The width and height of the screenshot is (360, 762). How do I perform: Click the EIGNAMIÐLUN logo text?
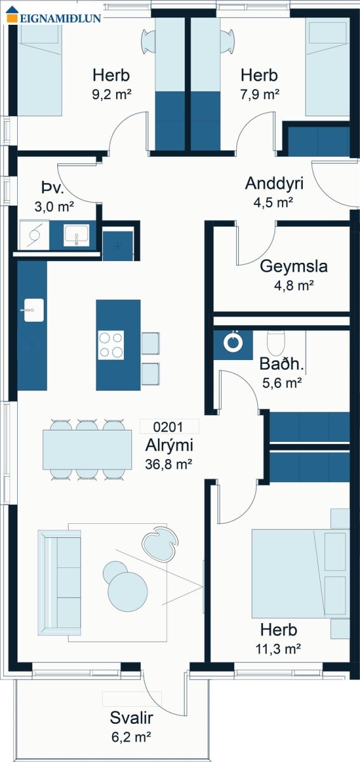[60, 18]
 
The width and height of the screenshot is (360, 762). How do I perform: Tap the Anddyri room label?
[274, 183]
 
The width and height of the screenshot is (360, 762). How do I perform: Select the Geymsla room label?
[293, 266]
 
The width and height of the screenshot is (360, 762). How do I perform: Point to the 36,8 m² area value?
[169, 464]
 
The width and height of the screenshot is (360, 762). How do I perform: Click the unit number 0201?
[168, 427]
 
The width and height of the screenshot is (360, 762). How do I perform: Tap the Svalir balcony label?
[131, 718]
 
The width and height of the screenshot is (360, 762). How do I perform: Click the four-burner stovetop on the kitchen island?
[111, 345]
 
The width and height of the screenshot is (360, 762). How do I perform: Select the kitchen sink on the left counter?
[34, 310]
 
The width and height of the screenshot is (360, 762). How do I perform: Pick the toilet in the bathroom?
[276, 342]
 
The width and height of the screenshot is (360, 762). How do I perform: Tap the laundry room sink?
[76, 234]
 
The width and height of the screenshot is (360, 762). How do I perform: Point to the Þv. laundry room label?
[53, 187]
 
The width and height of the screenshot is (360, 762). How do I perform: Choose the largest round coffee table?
[128, 592]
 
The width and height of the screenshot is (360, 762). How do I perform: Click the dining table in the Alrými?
[88, 450]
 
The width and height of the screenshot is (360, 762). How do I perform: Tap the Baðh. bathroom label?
[281, 364]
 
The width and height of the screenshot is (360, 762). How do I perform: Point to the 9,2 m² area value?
[112, 93]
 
